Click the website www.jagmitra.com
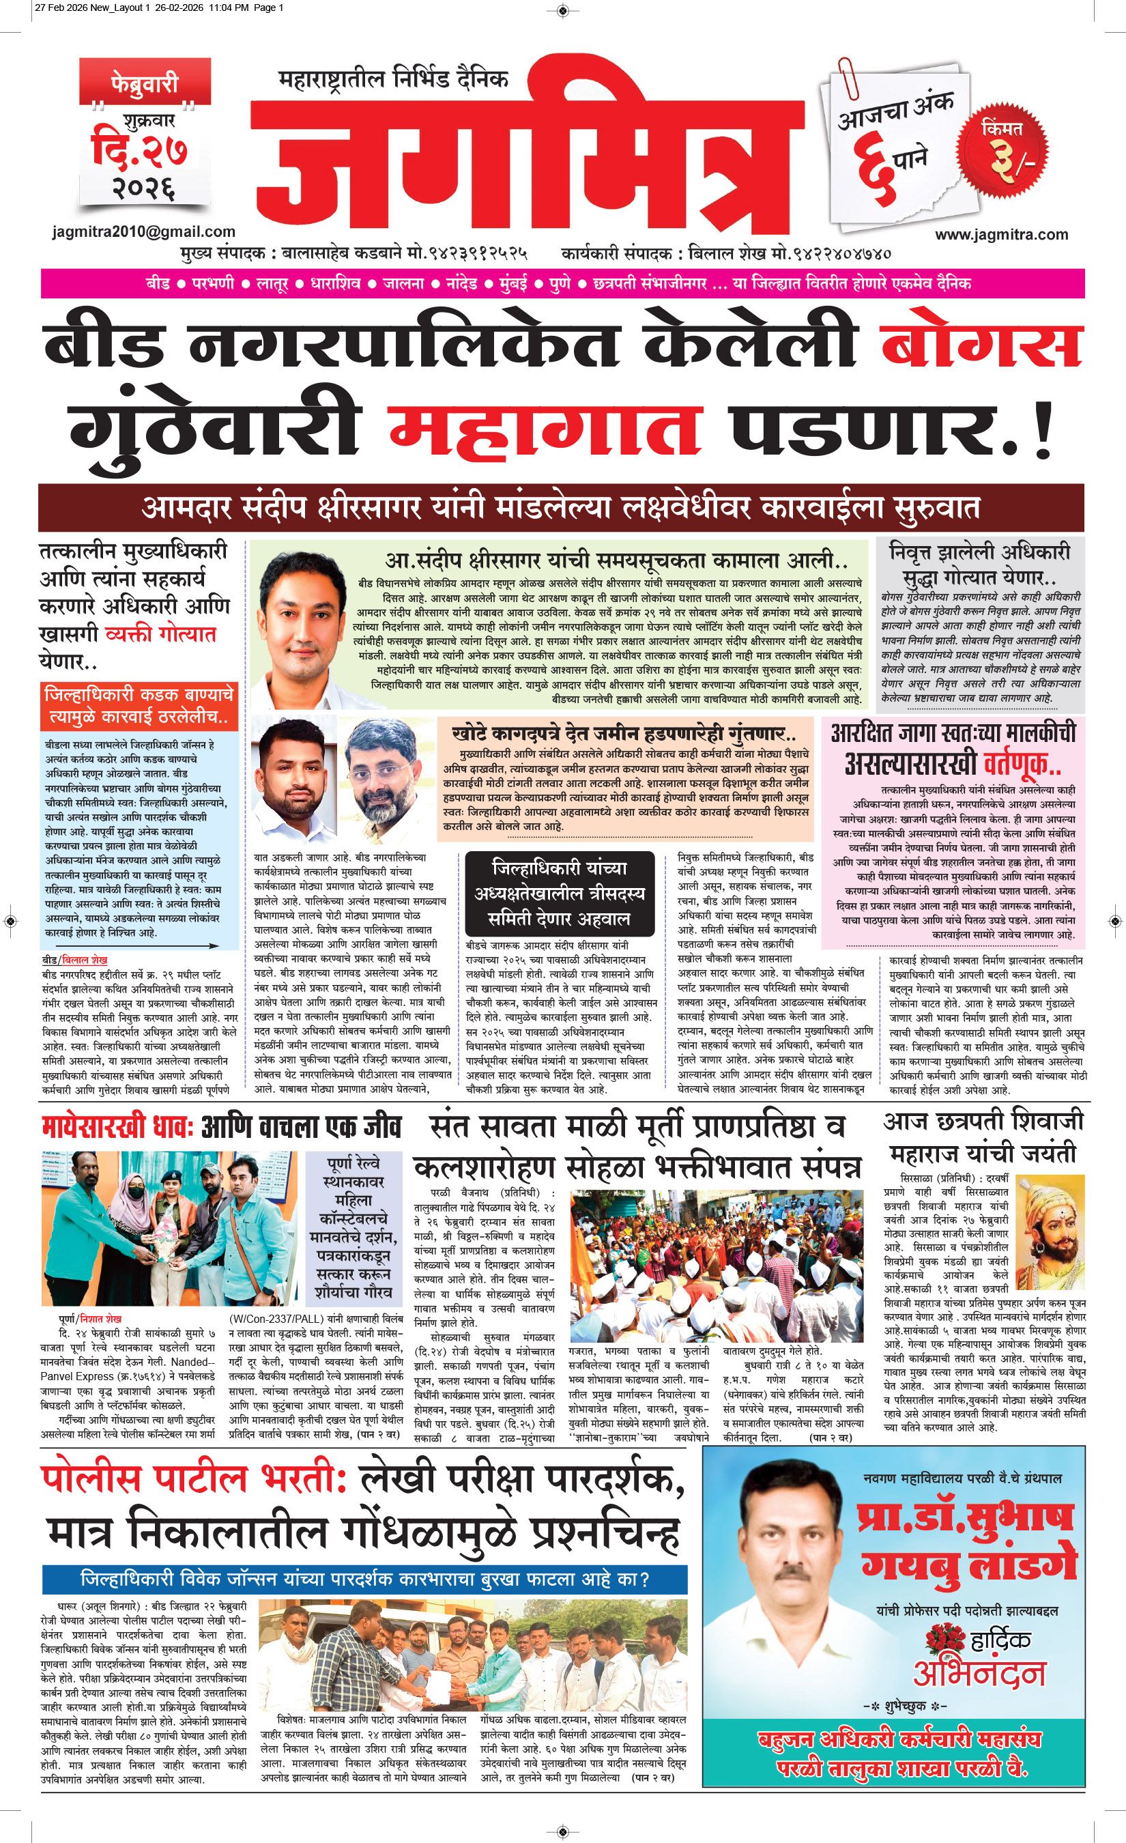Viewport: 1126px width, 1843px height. [1001, 234]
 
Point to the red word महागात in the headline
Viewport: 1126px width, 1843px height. [545, 427]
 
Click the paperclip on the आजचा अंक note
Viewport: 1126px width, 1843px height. [849, 76]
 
